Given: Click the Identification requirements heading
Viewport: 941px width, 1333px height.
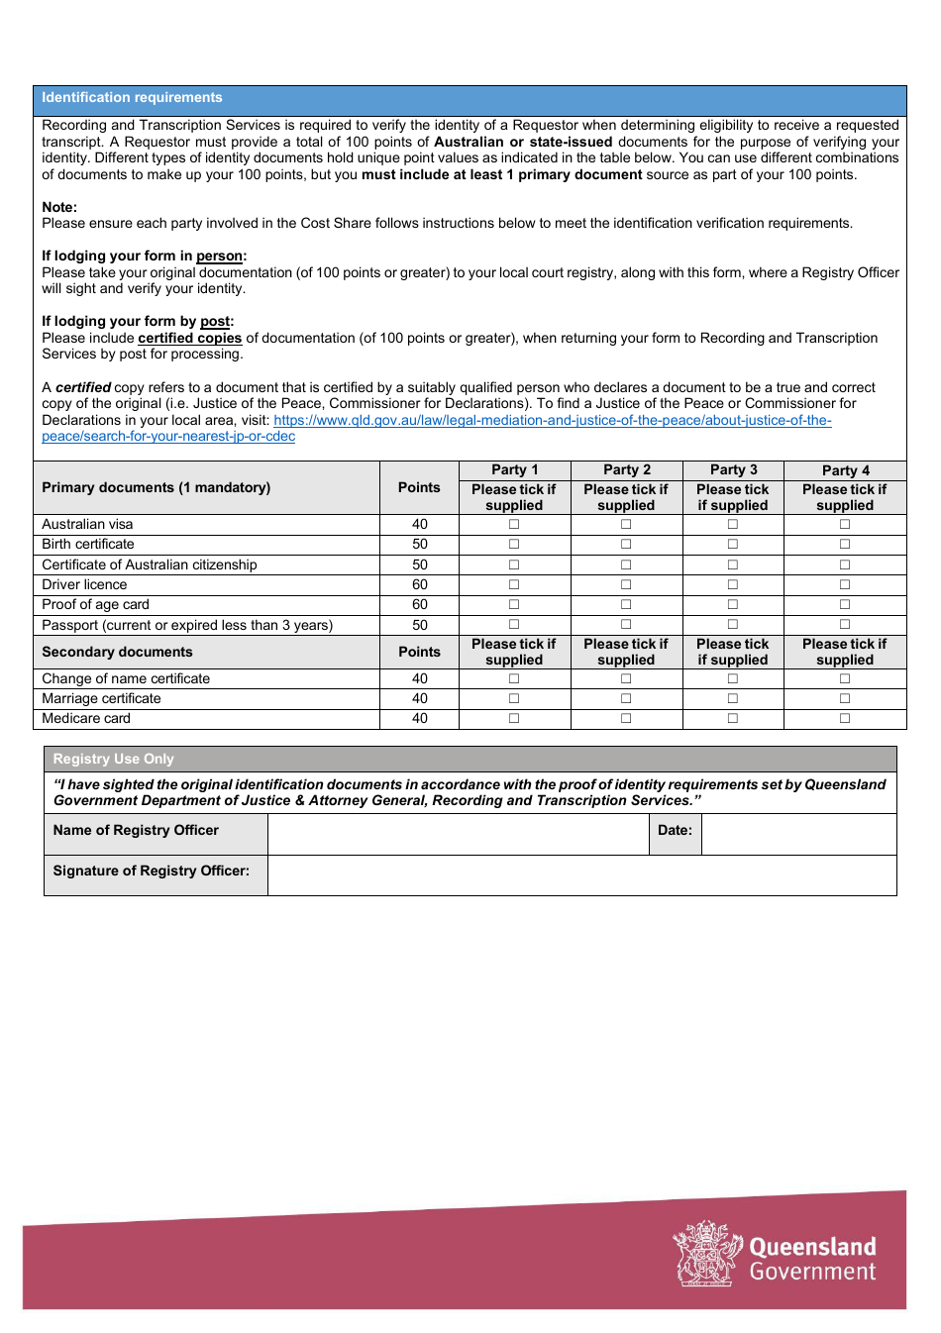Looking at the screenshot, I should tap(132, 98).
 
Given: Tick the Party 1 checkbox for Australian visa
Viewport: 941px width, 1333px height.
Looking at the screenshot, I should tap(514, 525).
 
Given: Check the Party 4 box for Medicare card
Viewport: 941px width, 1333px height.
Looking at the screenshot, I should tap(845, 719).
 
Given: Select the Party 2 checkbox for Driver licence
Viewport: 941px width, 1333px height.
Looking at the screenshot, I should tap(626, 585).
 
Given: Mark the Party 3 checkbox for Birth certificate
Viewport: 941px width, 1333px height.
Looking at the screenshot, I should tap(733, 545).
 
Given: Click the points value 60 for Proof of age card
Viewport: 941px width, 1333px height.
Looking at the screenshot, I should tap(420, 605).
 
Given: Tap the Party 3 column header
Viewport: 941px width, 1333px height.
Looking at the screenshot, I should tap(733, 470).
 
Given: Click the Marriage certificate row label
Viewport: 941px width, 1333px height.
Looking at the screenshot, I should tap(101, 699).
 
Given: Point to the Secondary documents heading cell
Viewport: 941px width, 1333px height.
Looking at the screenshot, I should tap(117, 653).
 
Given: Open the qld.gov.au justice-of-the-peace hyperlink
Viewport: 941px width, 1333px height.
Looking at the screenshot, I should tap(552, 421).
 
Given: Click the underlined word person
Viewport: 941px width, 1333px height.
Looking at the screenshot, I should tap(219, 256).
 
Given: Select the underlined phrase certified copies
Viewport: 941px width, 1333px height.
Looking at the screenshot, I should tap(189, 339).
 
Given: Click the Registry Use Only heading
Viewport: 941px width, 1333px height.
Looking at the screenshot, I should tap(113, 760).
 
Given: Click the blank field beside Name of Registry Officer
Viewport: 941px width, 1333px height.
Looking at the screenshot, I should tap(458, 835).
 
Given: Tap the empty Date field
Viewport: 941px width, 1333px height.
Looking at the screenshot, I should tap(798, 835).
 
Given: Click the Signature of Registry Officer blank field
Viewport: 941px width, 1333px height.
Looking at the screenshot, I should tap(581, 875).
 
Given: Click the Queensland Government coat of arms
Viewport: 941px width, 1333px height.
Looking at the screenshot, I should tap(706, 1254).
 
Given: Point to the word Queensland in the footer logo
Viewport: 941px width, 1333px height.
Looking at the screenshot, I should tap(812, 1247).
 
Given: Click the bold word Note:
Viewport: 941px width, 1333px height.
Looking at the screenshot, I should tap(59, 208).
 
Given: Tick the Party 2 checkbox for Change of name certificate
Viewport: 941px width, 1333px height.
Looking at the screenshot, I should tap(626, 679).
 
